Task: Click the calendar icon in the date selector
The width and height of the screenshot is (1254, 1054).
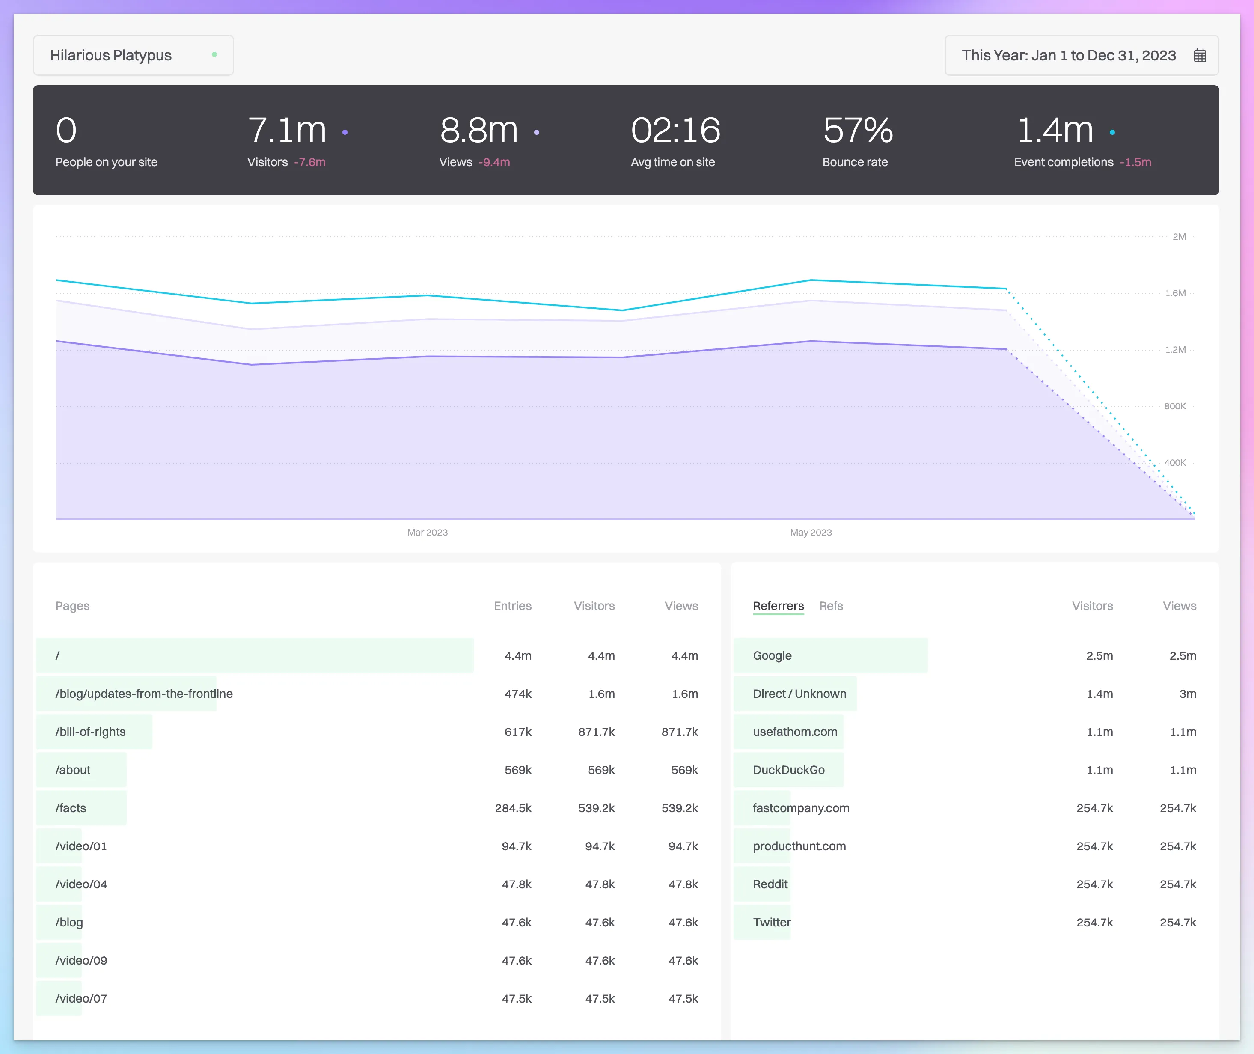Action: [1200, 56]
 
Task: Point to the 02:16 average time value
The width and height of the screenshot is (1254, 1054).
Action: [675, 130]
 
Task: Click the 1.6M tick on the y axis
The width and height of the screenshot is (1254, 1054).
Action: [1175, 293]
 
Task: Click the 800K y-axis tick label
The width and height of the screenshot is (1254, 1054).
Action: [1174, 406]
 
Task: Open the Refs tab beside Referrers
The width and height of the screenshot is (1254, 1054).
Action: [830, 606]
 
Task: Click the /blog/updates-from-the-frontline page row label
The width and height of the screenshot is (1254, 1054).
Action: [144, 694]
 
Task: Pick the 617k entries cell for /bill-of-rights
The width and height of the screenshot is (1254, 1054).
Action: [517, 732]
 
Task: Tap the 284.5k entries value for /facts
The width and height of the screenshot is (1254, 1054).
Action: [513, 808]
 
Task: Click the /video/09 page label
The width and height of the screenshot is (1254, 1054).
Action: [81, 960]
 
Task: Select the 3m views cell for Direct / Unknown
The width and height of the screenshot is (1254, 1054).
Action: [1187, 694]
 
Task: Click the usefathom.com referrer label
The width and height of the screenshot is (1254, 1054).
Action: [795, 732]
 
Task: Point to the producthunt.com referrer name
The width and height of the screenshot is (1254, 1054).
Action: [799, 846]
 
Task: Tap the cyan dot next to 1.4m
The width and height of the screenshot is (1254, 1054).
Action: [1112, 132]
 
